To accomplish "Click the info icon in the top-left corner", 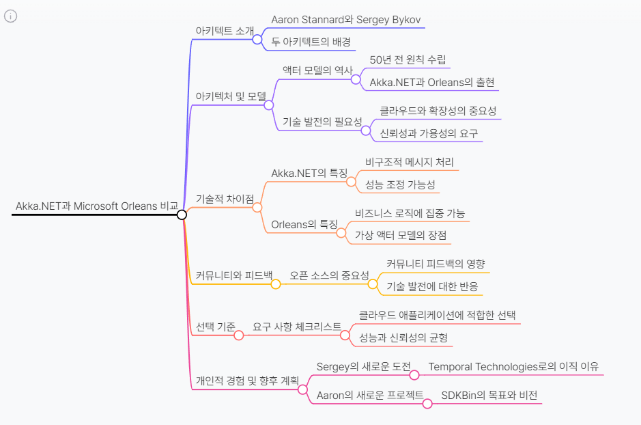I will click(x=10, y=16).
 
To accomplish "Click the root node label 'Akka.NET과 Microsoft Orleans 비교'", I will click(x=96, y=206).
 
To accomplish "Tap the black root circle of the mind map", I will click(x=182, y=215).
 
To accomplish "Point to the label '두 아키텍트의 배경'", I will click(x=311, y=42).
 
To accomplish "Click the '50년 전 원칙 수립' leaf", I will click(x=408, y=59).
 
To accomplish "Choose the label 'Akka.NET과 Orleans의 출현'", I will click(x=432, y=82).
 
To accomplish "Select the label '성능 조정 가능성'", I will click(x=400, y=184).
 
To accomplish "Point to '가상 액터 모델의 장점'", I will click(x=401, y=235).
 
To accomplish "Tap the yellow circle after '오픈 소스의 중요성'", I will click(x=373, y=284).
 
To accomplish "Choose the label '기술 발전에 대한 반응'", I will click(x=432, y=286).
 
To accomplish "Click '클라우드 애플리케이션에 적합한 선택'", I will click(x=437, y=315).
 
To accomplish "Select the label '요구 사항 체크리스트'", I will click(x=297, y=327).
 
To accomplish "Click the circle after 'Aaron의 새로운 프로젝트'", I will click(x=427, y=403).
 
